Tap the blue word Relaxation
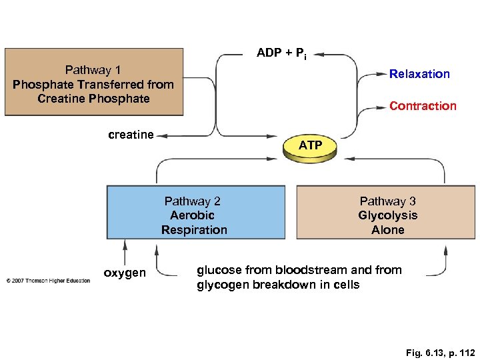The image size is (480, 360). tap(419, 74)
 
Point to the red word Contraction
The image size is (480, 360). tap(423, 106)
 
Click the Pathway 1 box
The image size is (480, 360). tap(93, 83)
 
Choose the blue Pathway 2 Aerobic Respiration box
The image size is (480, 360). tap(195, 213)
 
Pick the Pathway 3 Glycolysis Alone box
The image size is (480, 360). tap(387, 213)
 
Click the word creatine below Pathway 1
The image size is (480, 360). tap(131, 135)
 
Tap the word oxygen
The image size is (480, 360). tap(124, 273)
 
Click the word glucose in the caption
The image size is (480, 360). tap(219, 270)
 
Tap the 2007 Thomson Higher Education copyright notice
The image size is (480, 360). tap(48, 280)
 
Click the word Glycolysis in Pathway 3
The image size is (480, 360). tap(387, 215)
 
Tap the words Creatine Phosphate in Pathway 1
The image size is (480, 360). tap(93, 99)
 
